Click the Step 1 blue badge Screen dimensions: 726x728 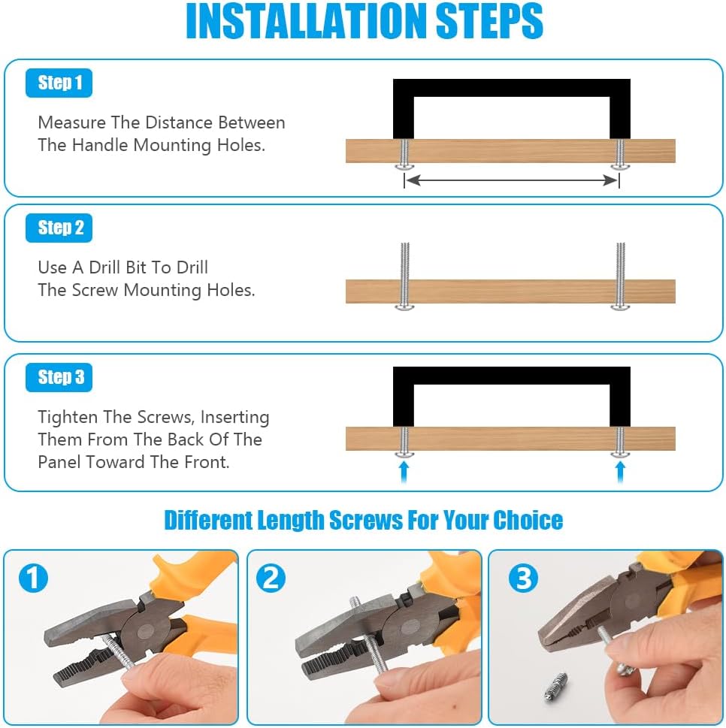(59, 83)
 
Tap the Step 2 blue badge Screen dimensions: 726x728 (59, 228)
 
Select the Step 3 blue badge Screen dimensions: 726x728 (59, 377)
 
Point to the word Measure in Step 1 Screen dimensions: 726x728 (72, 122)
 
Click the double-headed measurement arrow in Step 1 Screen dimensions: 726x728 (511, 180)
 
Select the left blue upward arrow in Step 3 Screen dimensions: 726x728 (404, 471)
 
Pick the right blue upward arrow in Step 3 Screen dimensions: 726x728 (620, 471)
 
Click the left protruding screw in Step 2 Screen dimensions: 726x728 (404, 276)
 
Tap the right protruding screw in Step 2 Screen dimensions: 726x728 (621, 276)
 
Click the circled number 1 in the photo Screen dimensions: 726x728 (33, 578)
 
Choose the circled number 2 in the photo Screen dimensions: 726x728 (271, 578)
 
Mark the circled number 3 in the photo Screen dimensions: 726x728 (524, 578)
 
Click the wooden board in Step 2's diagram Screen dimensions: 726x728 (510, 292)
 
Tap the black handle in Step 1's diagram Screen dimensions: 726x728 (511, 88)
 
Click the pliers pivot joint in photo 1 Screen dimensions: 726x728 (147, 631)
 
